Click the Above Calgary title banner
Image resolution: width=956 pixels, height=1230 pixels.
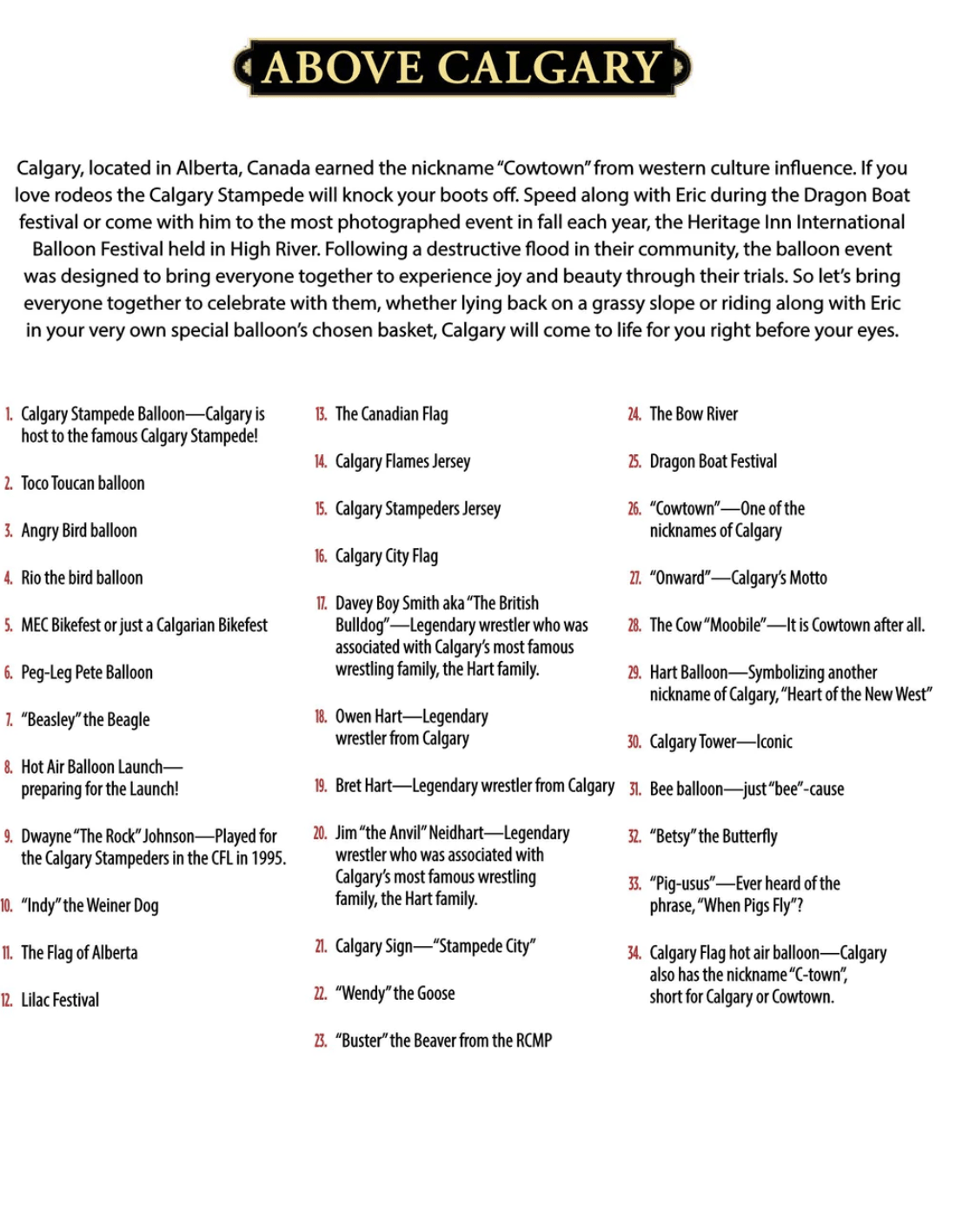coord(462,67)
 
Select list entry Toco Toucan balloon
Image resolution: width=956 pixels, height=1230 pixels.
coord(83,483)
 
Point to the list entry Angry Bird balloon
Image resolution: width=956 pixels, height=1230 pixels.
coord(79,530)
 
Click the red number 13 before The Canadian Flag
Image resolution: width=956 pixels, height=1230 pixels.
coord(321,414)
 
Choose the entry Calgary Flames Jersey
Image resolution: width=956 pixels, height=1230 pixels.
coord(402,461)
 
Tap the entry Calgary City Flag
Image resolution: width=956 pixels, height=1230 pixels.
coord(386,556)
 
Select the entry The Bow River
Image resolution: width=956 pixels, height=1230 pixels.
coord(693,414)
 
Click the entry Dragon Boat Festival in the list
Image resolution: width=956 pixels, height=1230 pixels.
coord(713,461)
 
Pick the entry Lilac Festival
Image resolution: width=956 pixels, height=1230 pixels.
coord(60,1000)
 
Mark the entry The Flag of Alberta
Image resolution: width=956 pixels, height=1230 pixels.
coord(79,953)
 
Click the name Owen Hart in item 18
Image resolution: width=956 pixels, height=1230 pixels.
coord(368,717)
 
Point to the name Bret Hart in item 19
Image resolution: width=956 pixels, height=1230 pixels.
coord(363,786)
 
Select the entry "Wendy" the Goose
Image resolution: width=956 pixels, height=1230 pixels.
coord(395,993)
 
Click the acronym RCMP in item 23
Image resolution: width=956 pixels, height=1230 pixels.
coord(534,1040)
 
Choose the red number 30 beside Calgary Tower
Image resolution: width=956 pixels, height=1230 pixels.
coord(634,742)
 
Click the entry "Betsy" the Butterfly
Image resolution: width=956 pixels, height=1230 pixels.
coord(713,837)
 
